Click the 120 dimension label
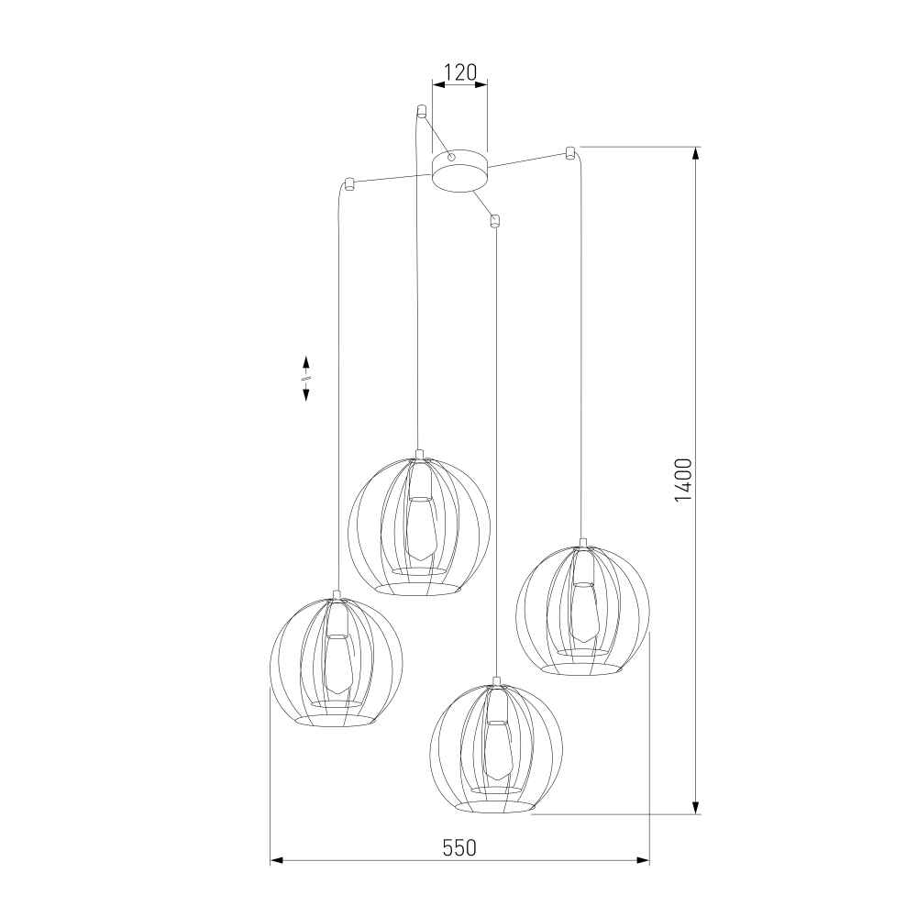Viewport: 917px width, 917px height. tap(461, 72)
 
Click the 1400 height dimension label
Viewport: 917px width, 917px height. tap(683, 480)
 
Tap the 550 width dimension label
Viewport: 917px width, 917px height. tap(459, 847)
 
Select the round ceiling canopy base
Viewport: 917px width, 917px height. tap(459, 170)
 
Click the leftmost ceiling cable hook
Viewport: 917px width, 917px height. tap(348, 183)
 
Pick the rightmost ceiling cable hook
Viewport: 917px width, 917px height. tap(569, 153)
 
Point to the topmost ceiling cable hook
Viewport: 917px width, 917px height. tap(421, 111)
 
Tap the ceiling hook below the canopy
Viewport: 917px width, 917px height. tap(495, 220)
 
